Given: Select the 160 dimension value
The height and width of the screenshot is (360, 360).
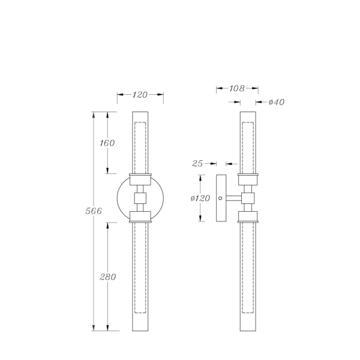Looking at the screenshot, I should tap(107, 143).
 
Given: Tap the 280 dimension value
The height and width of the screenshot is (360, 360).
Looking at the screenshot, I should tap(107, 277).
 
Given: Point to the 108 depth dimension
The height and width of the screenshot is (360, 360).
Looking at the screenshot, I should tap(237, 88).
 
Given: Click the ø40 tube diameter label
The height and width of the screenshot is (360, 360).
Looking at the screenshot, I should tap(276, 102).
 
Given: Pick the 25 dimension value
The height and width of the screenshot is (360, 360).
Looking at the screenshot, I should tap(197, 163).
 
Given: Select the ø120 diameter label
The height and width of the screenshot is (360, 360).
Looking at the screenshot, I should tap(200, 199).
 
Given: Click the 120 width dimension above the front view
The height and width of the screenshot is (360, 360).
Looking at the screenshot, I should tap(140, 95).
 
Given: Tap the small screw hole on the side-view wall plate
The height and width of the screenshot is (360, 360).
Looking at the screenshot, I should tap(221, 198).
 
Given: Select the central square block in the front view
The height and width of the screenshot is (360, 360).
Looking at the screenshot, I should tap(140, 198).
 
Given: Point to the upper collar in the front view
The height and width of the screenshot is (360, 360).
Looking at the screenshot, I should tap(140, 179).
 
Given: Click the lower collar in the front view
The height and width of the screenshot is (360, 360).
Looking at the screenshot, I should tap(140, 216).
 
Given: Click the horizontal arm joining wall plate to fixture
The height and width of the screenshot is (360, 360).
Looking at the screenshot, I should tap(234, 198).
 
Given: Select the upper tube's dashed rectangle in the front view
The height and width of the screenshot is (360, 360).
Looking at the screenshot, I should tap(140, 147).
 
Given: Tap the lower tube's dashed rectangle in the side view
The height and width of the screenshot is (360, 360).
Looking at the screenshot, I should tap(248, 267).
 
